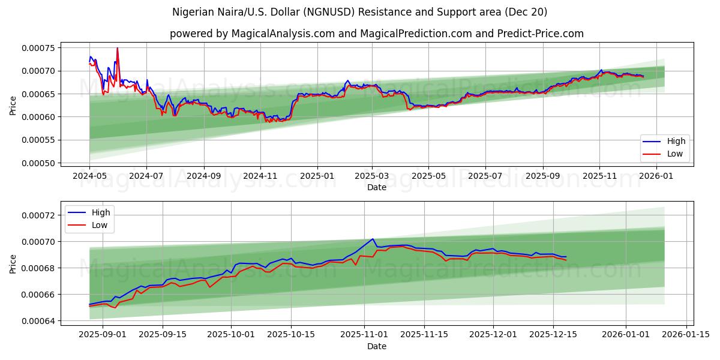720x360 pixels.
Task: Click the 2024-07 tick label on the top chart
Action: [146, 177]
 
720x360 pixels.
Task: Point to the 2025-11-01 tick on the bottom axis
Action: [364, 335]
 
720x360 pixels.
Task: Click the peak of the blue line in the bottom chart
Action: [373, 239]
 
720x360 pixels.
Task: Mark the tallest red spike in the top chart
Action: [118, 48]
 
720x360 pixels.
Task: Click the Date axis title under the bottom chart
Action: [377, 346]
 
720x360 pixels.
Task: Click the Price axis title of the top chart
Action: [13, 106]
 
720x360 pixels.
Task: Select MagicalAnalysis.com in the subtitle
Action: [283, 34]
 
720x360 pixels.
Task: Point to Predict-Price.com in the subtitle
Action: [540, 34]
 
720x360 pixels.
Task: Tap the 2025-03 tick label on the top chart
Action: [372, 177]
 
